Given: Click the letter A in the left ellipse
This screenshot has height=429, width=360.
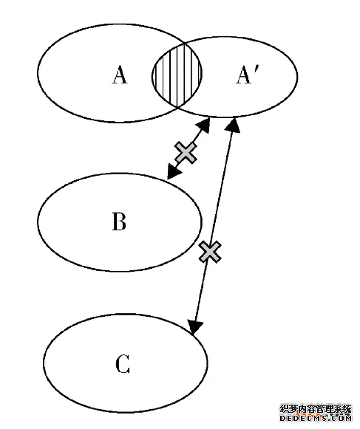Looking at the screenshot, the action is click(x=120, y=75).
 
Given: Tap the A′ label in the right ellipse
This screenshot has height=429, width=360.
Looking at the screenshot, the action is click(x=247, y=75).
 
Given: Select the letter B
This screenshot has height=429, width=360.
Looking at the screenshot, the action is click(x=119, y=221).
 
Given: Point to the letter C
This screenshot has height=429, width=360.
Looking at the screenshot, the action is click(x=123, y=363).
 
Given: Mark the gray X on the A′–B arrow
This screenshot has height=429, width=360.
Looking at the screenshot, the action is click(x=186, y=153).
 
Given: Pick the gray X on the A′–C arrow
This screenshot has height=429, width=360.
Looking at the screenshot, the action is click(x=210, y=252).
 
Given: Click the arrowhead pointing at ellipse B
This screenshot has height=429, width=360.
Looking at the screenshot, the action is click(x=173, y=172).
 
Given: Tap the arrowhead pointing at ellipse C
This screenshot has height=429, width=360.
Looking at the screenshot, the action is click(x=194, y=327).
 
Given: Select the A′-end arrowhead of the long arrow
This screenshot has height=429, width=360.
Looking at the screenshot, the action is click(x=234, y=126).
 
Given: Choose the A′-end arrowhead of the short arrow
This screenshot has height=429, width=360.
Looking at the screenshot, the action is click(x=204, y=125).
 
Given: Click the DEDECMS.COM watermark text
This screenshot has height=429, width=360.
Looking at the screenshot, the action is click(x=316, y=418).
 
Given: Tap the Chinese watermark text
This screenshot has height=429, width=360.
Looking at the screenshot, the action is click(x=316, y=409).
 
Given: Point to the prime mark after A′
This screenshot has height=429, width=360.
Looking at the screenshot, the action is click(x=255, y=69).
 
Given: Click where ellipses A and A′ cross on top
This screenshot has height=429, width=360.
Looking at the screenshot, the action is click(x=186, y=44).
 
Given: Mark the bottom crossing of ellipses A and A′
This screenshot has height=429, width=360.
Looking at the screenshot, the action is click(x=177, y=108).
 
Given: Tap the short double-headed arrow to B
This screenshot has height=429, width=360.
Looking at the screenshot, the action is click(x=189, y=149).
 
